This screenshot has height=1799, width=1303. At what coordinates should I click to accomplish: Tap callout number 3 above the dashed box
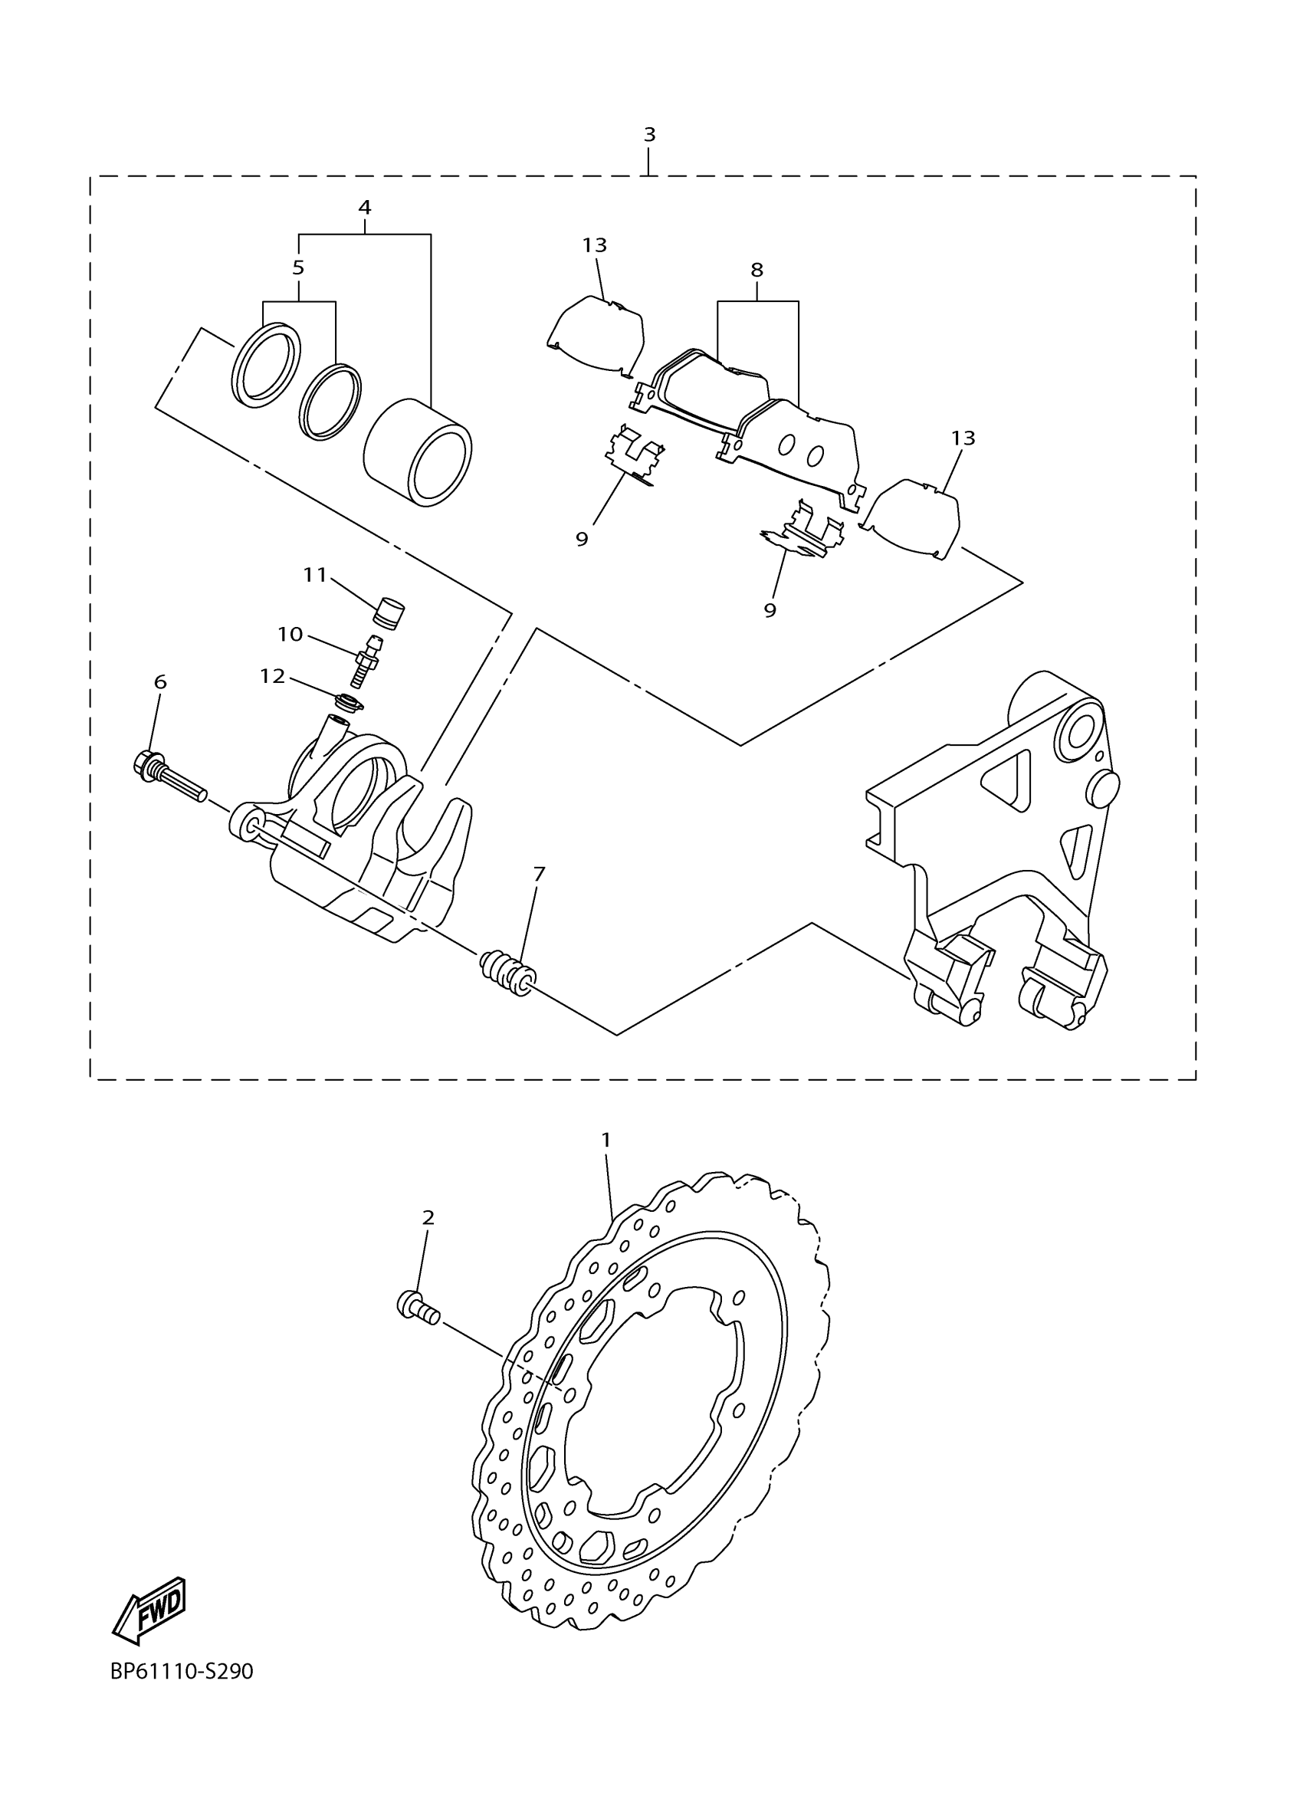coord(649,135)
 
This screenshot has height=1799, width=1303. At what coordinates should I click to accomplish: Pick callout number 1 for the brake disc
coord(606,1140)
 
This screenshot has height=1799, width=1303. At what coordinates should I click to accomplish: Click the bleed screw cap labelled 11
coord(389,613)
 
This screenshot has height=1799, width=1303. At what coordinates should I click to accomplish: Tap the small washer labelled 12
coord(349,702)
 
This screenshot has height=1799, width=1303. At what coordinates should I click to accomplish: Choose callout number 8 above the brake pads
coord(757,270)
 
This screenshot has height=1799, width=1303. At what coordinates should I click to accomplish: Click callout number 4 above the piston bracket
coord(364,207)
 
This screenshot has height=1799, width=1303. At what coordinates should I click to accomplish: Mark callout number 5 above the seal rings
coord(298,268)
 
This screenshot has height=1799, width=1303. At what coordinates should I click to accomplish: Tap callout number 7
coord(540,873)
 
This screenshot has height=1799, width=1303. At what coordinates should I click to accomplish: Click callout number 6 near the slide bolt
coord(160,681)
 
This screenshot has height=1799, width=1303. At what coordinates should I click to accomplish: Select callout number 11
coord(315,574)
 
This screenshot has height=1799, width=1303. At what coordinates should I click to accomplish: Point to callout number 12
coord(272,676)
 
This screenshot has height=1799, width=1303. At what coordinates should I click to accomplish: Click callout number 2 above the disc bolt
coord(428,1216)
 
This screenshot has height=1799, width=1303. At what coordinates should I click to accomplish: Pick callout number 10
coord(290,634)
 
